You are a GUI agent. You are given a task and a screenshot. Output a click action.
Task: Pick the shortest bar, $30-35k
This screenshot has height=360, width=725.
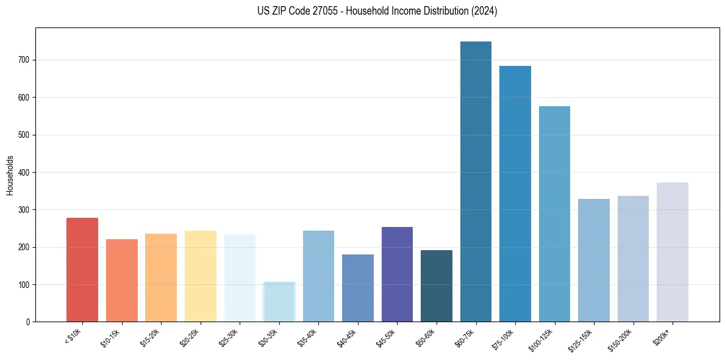click(x=279, y=301)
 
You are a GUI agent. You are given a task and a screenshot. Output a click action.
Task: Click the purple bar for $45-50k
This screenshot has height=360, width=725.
click(x=397, y=275)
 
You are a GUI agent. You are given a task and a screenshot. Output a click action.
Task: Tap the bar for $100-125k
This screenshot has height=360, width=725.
click(x=554, y=214)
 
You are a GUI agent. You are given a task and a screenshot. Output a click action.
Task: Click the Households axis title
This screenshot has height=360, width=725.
click(x=10, y=175)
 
